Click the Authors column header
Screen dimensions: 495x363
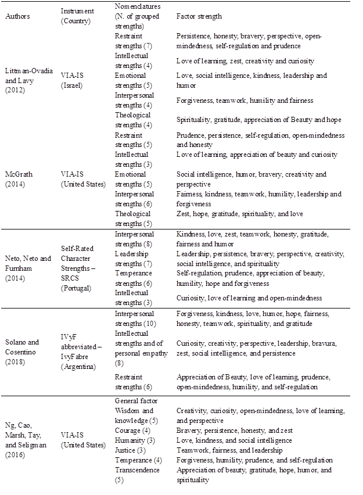(17, 16)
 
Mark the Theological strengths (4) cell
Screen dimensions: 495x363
(131, 119)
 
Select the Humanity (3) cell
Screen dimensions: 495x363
(133, 441)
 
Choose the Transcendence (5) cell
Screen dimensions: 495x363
(136, 475)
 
